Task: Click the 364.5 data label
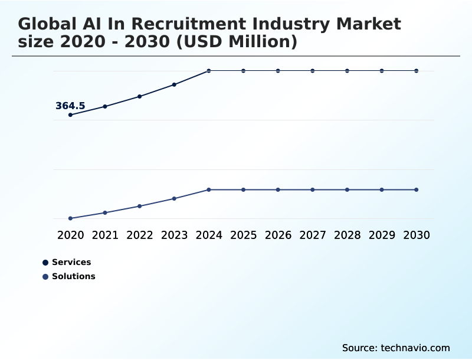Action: (x=70, y=106)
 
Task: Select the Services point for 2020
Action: (x=70, y=114)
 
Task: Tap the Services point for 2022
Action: (x=140, y=96)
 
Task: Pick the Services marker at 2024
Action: (x=209, y=71)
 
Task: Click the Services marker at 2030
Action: (x=417, y=71)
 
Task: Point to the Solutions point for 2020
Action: (x=70, y=218)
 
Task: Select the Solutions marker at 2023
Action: (x=174, y=198)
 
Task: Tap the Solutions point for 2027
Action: (x=313, y=189)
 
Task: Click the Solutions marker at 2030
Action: (x=417, y=189)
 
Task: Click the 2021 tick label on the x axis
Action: (x=105, y=235)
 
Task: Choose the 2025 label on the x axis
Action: (x=243, y=235)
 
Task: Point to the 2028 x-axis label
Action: (x=347, y=235)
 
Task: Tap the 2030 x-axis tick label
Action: (x=417, y=235)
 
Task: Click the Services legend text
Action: (x=71, y=262)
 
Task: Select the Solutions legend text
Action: (x=73, y=276)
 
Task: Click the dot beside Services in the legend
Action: (x=45, y=263)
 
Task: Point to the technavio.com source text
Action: (x=415, y=348)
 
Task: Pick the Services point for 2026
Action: (x=278, y=71)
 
